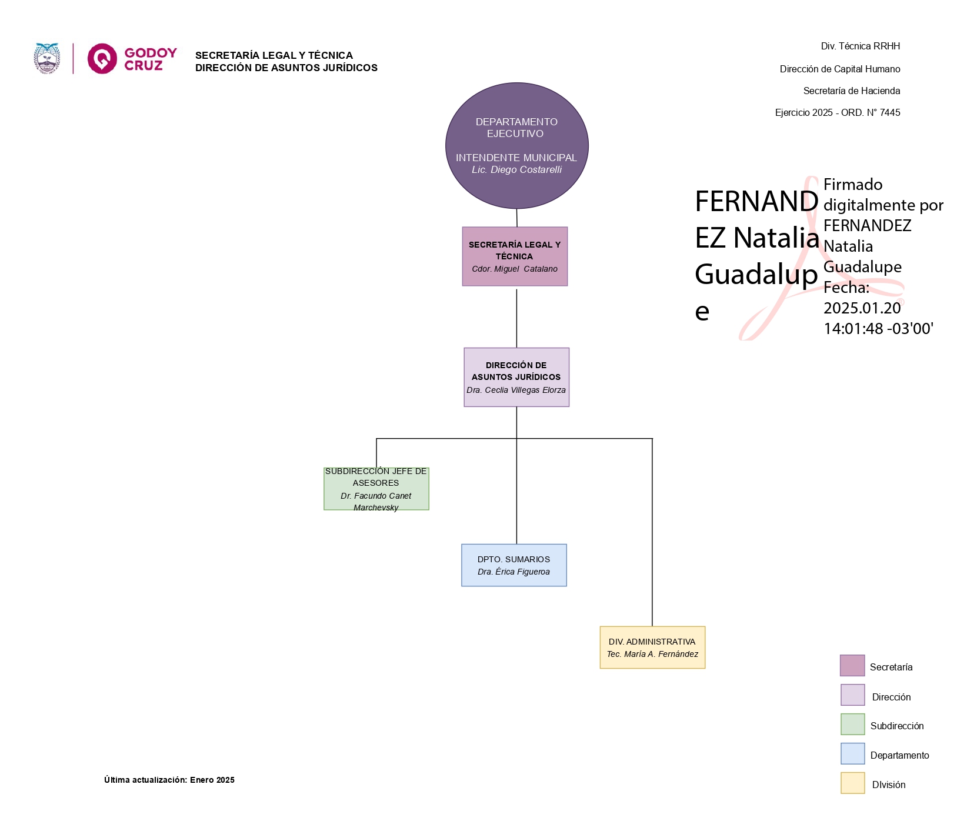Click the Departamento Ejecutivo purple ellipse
[x=517, y=146]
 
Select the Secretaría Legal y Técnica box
[x=515, y=256]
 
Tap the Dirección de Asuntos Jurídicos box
[x=516, y=377]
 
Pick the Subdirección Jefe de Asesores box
[x=376, y=489]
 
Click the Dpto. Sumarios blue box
[x=514, y=565]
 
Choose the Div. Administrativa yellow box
[x=652, y=648]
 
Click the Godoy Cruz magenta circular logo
[x=102, y=58]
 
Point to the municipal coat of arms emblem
[x=47, y=58]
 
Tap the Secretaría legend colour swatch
[x=852, y=666]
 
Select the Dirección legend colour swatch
[x=852, y=695]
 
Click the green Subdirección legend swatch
[x=852, y=725]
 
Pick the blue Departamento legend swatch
[x=852, y=754]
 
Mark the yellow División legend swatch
[x=852, y=783]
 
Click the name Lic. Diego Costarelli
[x=517, y=170]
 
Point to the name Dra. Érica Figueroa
[x=514, y=572]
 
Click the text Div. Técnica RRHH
[x=861, y=46]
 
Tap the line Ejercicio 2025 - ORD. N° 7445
[x=838, y=112]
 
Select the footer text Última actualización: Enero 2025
[x=169, y=780]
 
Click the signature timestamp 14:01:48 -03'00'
[x=879, y=329]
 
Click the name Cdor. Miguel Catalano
[x=515, y=269]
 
